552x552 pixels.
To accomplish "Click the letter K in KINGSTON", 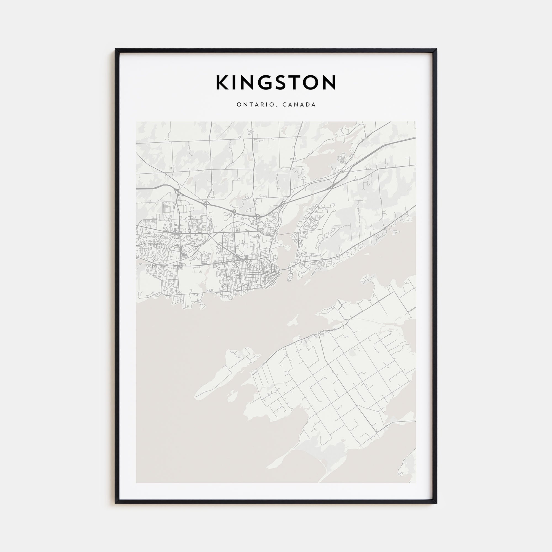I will [222, 83].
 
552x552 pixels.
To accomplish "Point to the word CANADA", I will [299, 105].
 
